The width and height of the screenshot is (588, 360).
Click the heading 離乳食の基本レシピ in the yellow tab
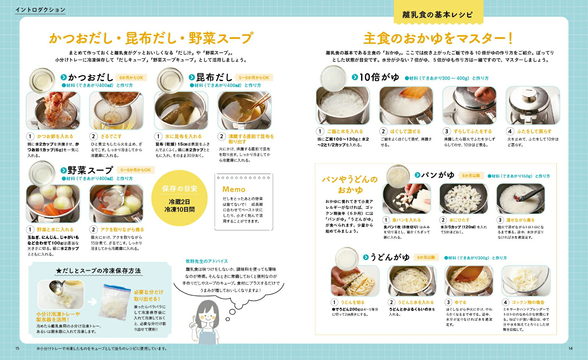pos(437,15)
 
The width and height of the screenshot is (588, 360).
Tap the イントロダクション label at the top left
pos(40,10)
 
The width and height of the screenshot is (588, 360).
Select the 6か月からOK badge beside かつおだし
pos(131,78)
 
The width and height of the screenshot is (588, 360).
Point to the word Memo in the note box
pos(234,189)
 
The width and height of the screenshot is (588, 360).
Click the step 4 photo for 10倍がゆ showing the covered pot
pos(533,106)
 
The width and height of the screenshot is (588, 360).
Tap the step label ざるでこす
pos(111,136)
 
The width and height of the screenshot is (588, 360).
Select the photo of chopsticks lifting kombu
pos(244,110)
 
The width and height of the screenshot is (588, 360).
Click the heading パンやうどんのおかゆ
pos(349,185)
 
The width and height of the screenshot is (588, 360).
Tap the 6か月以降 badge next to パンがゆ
pos(471,176)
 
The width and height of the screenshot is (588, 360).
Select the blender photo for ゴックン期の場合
pos(526,281)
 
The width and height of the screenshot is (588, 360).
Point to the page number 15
pos(17,349)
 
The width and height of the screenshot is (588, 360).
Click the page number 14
pos(570,349)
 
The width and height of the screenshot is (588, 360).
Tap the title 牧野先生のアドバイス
pos(207,261)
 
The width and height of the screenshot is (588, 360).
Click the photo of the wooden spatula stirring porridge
pos(406,106)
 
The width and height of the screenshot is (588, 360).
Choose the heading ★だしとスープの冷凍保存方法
pos(98,271)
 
